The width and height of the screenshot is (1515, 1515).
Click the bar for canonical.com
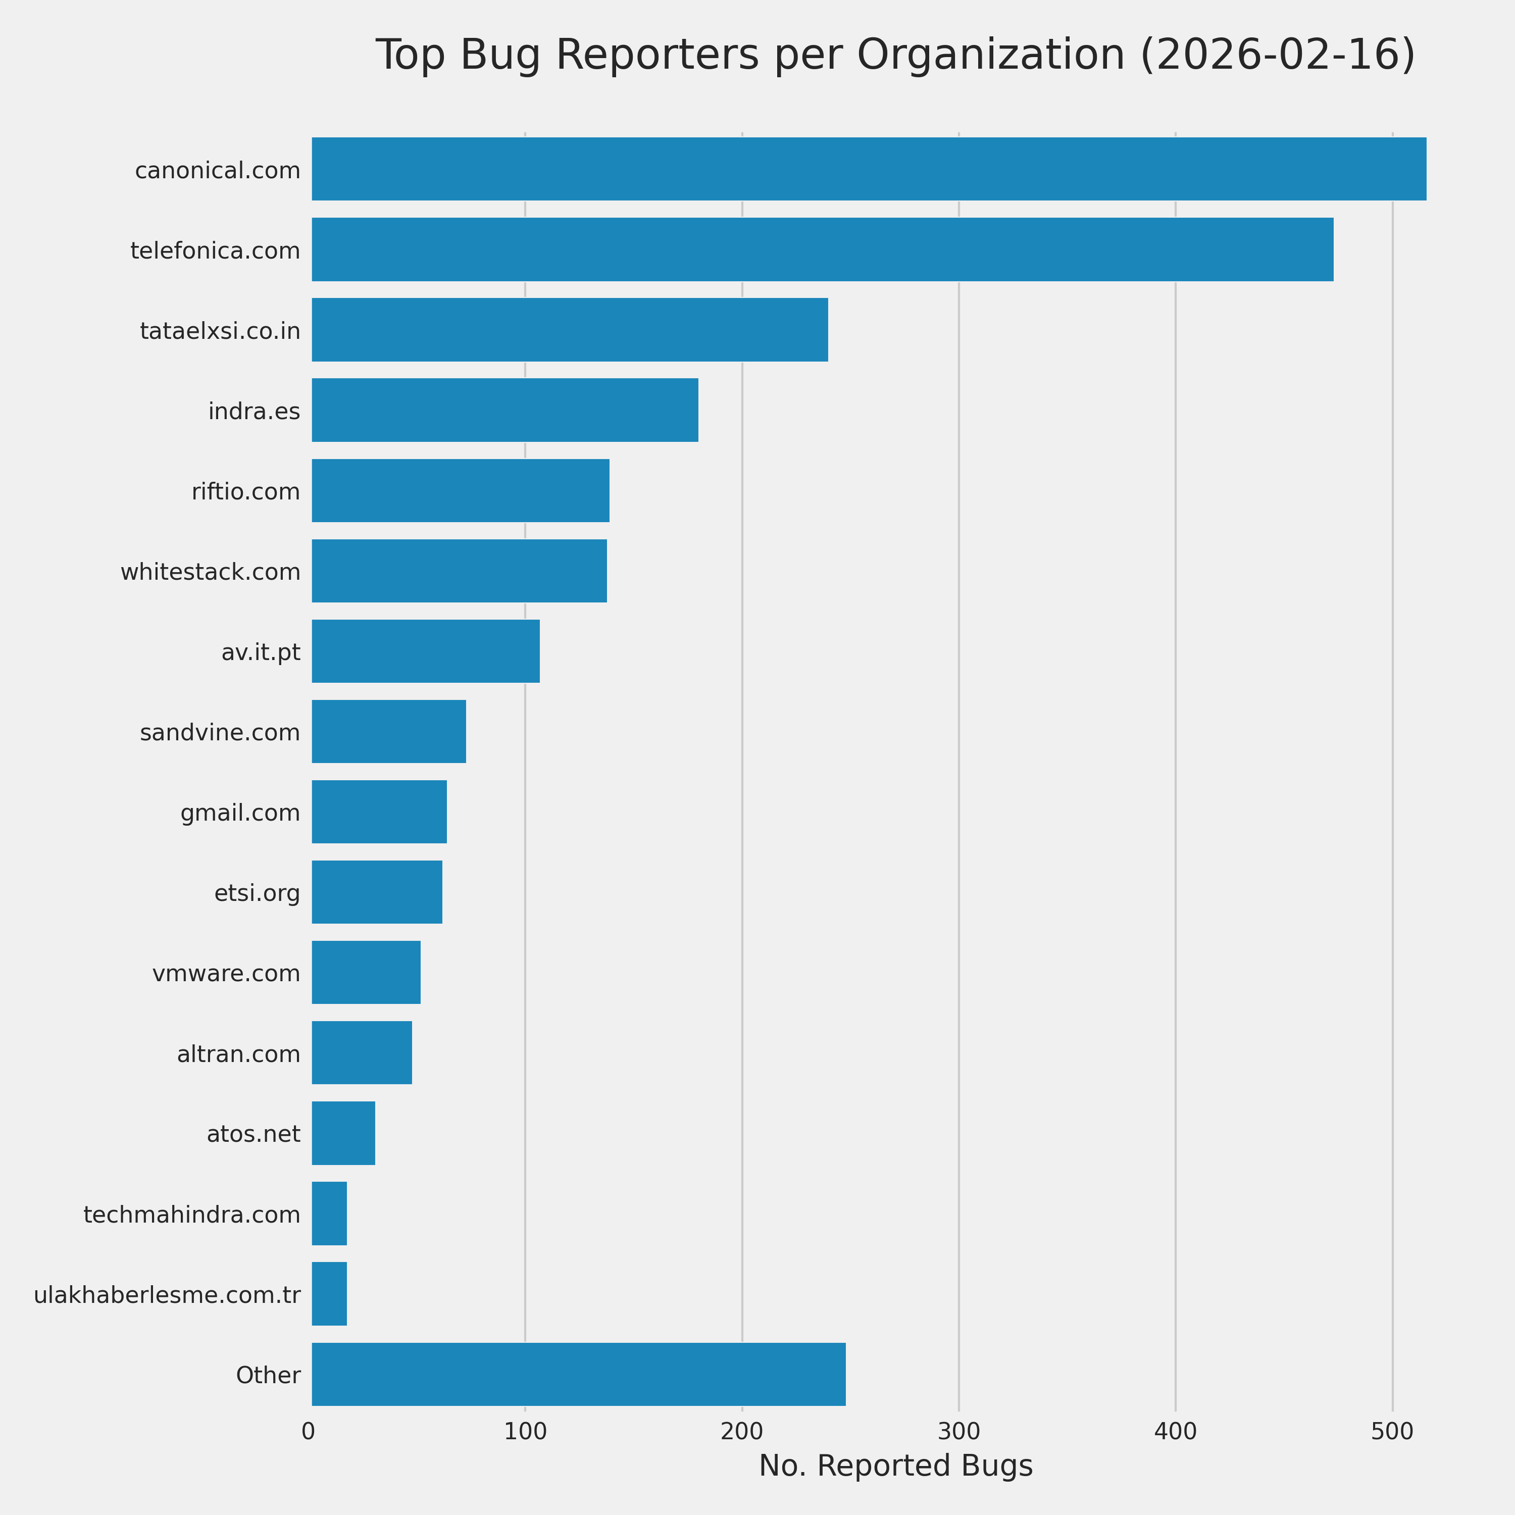[868, 169]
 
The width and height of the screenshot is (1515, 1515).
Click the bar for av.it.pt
[425, 651]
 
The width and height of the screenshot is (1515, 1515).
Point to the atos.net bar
[343, 1133]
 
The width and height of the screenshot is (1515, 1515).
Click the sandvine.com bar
[388, 732]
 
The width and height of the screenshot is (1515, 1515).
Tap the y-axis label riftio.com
[245, 492]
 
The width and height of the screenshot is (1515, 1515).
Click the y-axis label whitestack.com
[210, 573]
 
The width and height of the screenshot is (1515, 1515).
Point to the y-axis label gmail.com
[240, 813]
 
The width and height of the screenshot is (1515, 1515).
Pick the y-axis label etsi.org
[257, 893]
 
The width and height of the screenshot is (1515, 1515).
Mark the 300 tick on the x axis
[958, 1431]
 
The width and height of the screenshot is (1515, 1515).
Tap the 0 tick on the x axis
[308, 1431]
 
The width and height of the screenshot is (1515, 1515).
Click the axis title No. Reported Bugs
[895, 1466]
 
